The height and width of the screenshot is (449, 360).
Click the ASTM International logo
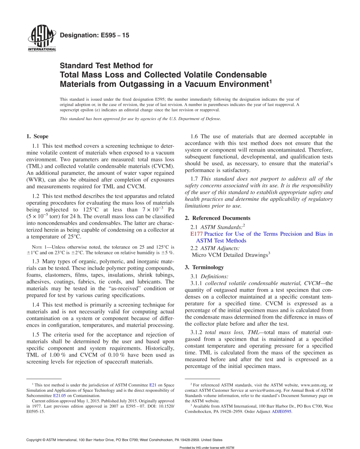41,39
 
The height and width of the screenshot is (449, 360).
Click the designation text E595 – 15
95,35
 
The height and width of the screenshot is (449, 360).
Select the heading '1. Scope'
37,136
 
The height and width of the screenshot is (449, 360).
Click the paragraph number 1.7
194,178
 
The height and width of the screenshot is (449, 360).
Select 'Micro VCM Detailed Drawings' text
230,255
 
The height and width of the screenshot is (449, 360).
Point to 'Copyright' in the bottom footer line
35,440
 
